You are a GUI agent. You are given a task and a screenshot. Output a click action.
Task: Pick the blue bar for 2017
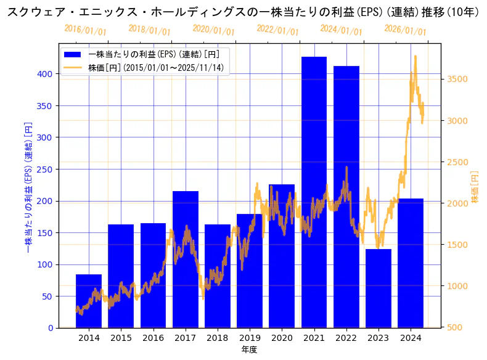click(185, 260)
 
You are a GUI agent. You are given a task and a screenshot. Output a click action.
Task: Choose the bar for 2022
click(346, 197)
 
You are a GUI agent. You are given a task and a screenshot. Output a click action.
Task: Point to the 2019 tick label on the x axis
click(250, 338)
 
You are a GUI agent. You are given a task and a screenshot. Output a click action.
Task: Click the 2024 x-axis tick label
click(411, 338)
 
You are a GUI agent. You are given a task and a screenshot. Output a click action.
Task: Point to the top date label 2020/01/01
click(213, 30)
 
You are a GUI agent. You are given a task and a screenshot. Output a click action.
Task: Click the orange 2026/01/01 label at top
click(405, 30)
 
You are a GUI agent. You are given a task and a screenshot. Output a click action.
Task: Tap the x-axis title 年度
click(249, 350)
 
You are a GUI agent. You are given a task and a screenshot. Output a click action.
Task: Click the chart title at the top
click(243, 12)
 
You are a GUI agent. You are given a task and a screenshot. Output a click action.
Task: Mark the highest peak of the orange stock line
click(415, 56)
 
